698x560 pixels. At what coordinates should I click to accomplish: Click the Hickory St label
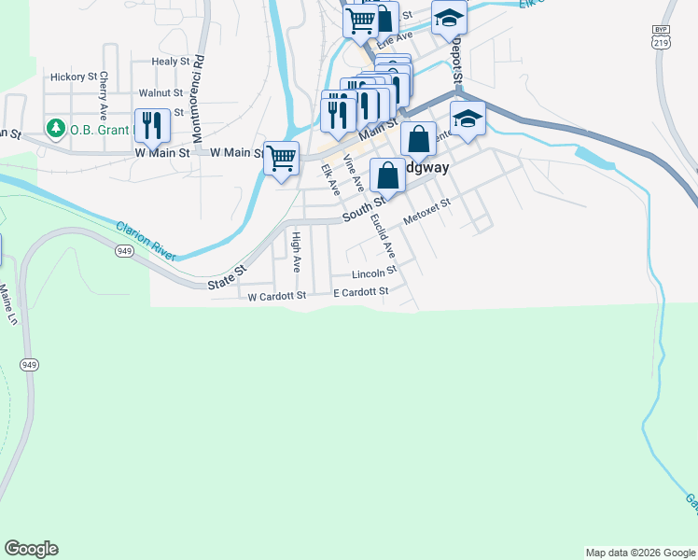coord(74,77)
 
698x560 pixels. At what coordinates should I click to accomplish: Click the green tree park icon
coord(56,129)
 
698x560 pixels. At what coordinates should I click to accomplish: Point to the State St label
coord(227,274)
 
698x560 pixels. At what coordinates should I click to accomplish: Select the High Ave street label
coord(296,251)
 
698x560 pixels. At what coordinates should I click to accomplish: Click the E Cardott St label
coord(360,293)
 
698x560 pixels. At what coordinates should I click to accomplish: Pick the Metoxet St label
coord(426,211)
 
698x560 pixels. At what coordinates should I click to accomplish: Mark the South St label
coord(363,208)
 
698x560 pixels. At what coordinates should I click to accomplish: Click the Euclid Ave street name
coord(382,236)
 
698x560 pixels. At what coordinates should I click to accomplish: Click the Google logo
coord(31,549)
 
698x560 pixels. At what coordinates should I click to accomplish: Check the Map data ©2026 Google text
coord(639,553)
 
